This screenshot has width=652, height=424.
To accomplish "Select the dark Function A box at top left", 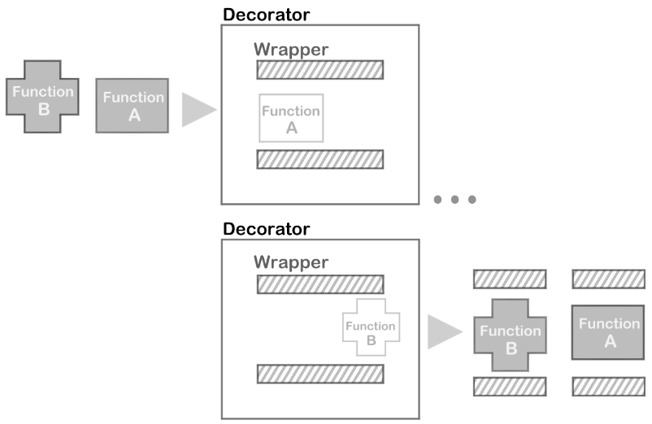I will [x=133, y=106].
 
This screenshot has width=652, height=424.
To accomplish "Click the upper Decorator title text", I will [x=266, y=15].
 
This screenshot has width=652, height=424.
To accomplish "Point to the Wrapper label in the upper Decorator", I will [x=291, y=49].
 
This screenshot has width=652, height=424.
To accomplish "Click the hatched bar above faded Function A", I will [x=319, y=70].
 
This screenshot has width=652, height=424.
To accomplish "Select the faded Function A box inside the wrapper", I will [x=291, y=119].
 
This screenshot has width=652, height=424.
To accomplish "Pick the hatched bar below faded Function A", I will [x=319, y=159].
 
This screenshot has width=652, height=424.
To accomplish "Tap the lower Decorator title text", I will [x=266, y=229].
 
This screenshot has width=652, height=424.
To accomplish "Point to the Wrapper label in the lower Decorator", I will [x=291, y=262].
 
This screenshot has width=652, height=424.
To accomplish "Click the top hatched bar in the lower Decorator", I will [x=319, y=284].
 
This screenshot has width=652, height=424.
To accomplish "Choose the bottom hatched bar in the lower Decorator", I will [x=319, y=374].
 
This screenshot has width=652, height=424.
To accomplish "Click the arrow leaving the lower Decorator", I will [x=443, y=332].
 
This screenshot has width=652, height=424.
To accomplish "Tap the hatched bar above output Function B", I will [x=510, y=279].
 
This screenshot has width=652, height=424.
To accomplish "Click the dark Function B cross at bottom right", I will [x=510, y=337].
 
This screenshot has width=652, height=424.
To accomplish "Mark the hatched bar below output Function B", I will [x=510, y=386].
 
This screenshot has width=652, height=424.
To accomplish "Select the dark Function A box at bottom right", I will [x=610, y=332].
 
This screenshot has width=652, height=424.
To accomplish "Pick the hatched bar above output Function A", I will [x=610, y=279].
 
